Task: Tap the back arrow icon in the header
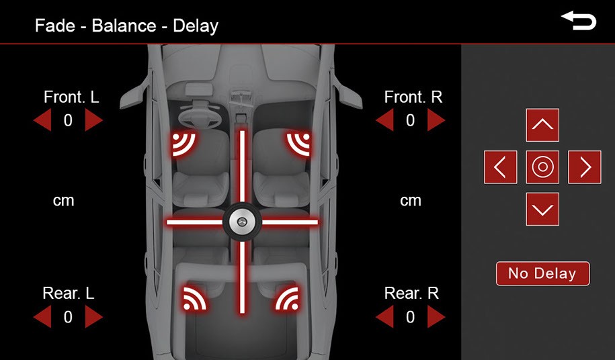[579, 21]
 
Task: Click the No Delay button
[543, 273]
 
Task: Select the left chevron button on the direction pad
[501, 167]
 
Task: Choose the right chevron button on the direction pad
[584, 167]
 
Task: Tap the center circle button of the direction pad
[542, 167]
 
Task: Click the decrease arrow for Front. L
[43, 120]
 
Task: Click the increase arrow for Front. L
[93, 120]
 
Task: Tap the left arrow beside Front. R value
[385, 120]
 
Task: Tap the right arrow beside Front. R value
[436, 120]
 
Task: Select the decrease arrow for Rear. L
[43, 316]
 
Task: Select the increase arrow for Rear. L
[93, 316]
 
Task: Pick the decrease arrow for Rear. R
[385, 316]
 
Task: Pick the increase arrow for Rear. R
[436, 316]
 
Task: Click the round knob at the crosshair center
[242, 222]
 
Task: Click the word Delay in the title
[196, 26]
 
